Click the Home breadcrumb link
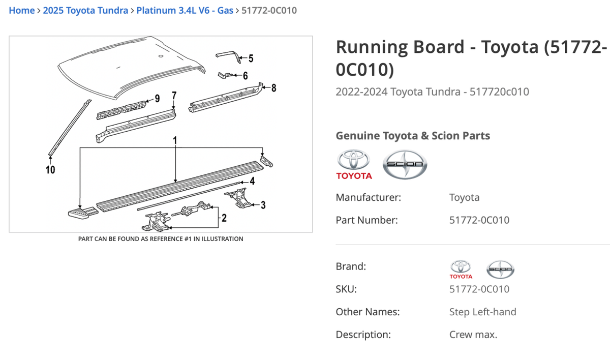tap(21, 10)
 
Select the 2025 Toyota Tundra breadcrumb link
tap(85, 10)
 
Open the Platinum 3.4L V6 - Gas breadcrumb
tap(185, 10)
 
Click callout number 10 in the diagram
tap(50, 170)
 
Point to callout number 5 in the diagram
tap(250, 58)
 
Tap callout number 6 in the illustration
tap(245, 76)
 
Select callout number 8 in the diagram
tap(273, 87)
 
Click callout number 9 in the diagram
tap(157, 98)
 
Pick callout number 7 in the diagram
tap(174, 95)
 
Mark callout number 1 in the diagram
tap(175, 139)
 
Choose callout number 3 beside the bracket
tap(262, 205)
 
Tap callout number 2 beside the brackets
tap(224, 219)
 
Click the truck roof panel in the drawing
tap(132, 66)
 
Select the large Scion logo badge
tap(405, 164)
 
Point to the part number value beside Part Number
tap(479, 220)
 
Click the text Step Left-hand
tap(482, 312)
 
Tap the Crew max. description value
tap(473, 335)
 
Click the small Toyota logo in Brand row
tap(461, 269)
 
